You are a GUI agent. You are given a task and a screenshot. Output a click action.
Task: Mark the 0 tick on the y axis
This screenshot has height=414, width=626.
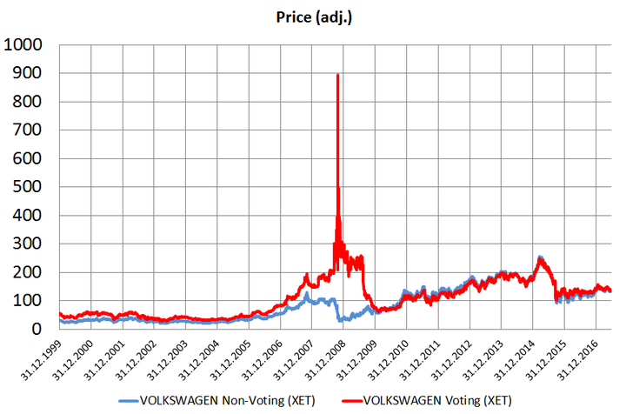pos(43,330)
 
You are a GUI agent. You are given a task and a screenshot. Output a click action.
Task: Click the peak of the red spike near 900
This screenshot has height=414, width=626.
pos(337,76)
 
